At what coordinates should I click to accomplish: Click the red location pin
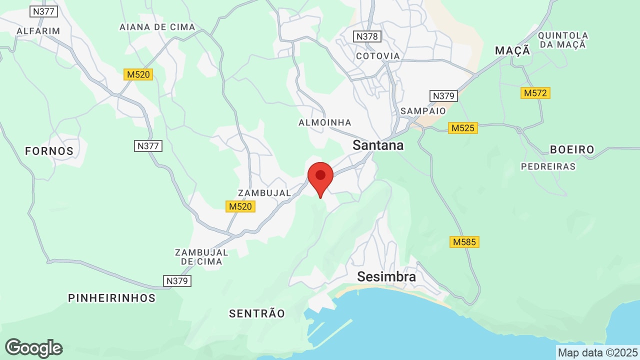click(x=320, y=178)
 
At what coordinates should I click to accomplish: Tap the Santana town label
click(x=378, y=145)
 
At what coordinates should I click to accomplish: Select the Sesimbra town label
click(x=386, y=276)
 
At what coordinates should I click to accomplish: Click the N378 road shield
click(x=367, y=36)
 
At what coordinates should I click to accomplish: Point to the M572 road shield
click(x=535, y=93)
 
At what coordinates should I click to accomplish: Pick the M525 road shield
click(x=462, y=128)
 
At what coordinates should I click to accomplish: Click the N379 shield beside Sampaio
click(x=443, y=95)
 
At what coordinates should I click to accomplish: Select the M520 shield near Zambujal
click(x=240, y=206)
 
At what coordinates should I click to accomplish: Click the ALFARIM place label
click(x=38, y=31)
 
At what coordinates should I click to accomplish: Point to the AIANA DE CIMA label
click(x=157, y=27)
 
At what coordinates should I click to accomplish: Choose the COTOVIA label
click(x=378, y=56)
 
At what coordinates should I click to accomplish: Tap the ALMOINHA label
click(x=324, y=122)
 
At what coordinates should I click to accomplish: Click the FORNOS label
click(x=49, y=151)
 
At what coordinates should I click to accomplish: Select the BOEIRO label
click(x=572, y=149)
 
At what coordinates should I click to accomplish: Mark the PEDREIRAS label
click(x=548, y=166)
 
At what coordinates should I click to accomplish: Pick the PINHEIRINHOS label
click(x=112, y=298)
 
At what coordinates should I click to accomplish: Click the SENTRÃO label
click(x=257, y=313)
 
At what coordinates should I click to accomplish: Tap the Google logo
click(x=33, y=348)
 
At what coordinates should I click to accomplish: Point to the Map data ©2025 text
click(x=597, y=352)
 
